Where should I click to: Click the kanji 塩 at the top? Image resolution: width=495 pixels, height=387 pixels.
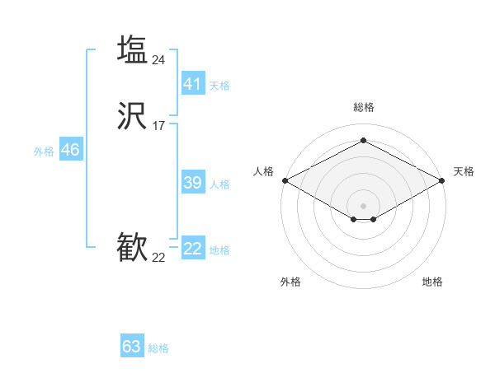(x=132, y=50)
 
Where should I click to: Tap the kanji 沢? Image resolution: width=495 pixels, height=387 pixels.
(x=132, y=117)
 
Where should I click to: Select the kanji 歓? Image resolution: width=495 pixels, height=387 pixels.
(x=132, y=248)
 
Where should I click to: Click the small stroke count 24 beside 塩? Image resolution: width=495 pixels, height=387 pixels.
(x=159, y=59)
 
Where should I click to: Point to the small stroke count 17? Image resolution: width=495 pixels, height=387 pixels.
(x=158, y=126)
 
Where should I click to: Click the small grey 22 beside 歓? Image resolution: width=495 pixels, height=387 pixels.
(x=158, y=258)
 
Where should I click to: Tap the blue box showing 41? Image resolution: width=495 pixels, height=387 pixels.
(x=193, y=84)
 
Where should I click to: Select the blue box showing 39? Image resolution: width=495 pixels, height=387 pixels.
(x=193, y=183)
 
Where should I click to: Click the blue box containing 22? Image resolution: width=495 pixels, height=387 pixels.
(x=193, y=249)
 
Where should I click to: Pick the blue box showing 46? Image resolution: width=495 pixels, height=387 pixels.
(x=70, y=150)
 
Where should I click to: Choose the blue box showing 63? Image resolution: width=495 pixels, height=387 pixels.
(x=132, y=347)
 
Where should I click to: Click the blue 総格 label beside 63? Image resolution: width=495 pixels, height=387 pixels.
(x=158, y=348)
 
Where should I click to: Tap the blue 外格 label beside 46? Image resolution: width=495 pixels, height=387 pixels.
(x=44, y=152)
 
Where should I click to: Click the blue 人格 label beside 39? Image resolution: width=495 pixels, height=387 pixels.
(x=220, y=184)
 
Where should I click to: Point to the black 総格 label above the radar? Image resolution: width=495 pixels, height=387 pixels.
(x=364, y=107)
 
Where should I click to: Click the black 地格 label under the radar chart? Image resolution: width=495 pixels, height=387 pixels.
(x=432, y=282)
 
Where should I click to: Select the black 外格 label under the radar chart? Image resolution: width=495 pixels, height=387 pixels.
(x=290, y=282)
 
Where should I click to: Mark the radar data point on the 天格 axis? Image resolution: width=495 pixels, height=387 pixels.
(x=443, y=180)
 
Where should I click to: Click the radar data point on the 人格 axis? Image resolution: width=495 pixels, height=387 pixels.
(x=285, y=180)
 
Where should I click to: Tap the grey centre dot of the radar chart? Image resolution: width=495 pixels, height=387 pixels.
(x=364, y=206)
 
